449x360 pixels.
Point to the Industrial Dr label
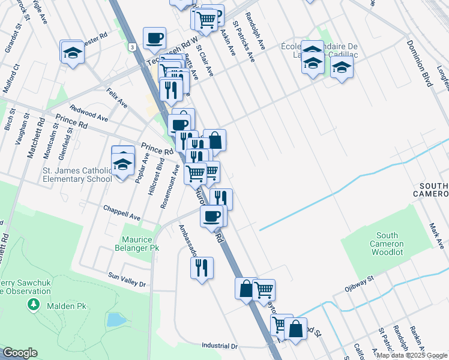(220, 346)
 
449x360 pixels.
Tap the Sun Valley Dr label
(127, 280)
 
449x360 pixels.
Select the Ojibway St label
(358, 282)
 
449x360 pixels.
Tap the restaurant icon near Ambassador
(202, 266)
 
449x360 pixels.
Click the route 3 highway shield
(131, 46)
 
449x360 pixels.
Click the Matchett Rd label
(33, 137)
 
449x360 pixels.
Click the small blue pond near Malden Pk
(114, 319)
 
